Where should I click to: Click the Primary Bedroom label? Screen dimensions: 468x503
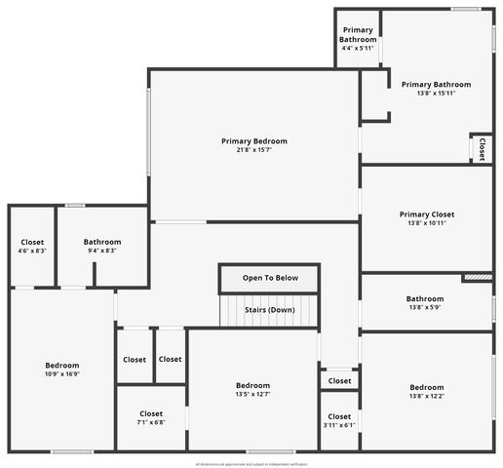(253, 141)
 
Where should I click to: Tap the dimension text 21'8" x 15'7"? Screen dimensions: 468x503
(253, 150)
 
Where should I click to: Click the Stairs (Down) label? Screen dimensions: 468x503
(268, 310)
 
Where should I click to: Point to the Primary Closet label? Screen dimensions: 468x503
(426, 214)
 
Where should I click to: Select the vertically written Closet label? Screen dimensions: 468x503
(482, 148)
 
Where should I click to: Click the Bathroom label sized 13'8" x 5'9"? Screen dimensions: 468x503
(425, 299)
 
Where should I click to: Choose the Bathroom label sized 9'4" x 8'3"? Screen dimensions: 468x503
(101, 242)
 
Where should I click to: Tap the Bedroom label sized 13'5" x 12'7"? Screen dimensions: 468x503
(252, 385)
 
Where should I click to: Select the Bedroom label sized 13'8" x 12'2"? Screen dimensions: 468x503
(426, 387)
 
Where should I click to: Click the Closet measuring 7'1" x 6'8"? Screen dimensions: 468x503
(151, 413)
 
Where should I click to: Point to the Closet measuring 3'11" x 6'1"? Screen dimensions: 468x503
(339, 416)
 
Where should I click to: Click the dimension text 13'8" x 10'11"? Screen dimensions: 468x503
(426, 223)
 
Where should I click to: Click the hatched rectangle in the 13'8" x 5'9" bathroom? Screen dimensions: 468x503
(477, 278)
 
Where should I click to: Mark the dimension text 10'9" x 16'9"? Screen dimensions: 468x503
(61, 373)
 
